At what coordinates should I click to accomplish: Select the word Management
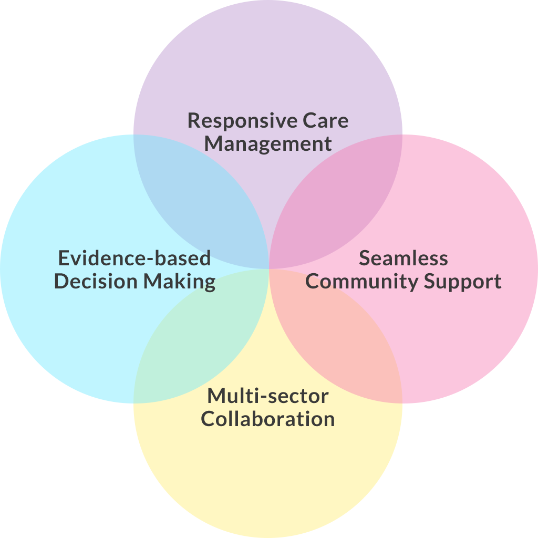coord(268,143)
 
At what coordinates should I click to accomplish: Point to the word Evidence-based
coord(134,258)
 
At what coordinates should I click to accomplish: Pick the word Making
coord(180,282)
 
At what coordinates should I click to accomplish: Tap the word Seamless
coord(403,258)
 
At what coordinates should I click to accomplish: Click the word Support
coord(463,282)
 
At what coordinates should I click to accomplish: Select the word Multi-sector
coord(268,396)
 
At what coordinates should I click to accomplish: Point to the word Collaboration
coord(268,419)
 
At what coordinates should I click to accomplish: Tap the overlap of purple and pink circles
coord(336,200)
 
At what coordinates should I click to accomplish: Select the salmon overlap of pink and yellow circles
coord(336,336)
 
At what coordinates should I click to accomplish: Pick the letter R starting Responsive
coord(194,121)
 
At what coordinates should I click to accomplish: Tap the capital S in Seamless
coord(365,258)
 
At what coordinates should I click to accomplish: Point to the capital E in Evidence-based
coord(64,258)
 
